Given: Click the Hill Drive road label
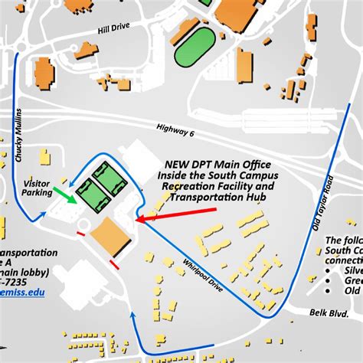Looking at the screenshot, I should (x=115, y=28).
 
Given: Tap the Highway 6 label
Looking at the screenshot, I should (x=177, y=132).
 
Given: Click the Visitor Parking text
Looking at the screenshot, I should (x=38, y=188).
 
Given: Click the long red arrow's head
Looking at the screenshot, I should (x=142, y=221).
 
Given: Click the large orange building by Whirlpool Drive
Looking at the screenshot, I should (x=110, y=236).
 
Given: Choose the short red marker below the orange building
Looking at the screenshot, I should (x=114, y=265).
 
